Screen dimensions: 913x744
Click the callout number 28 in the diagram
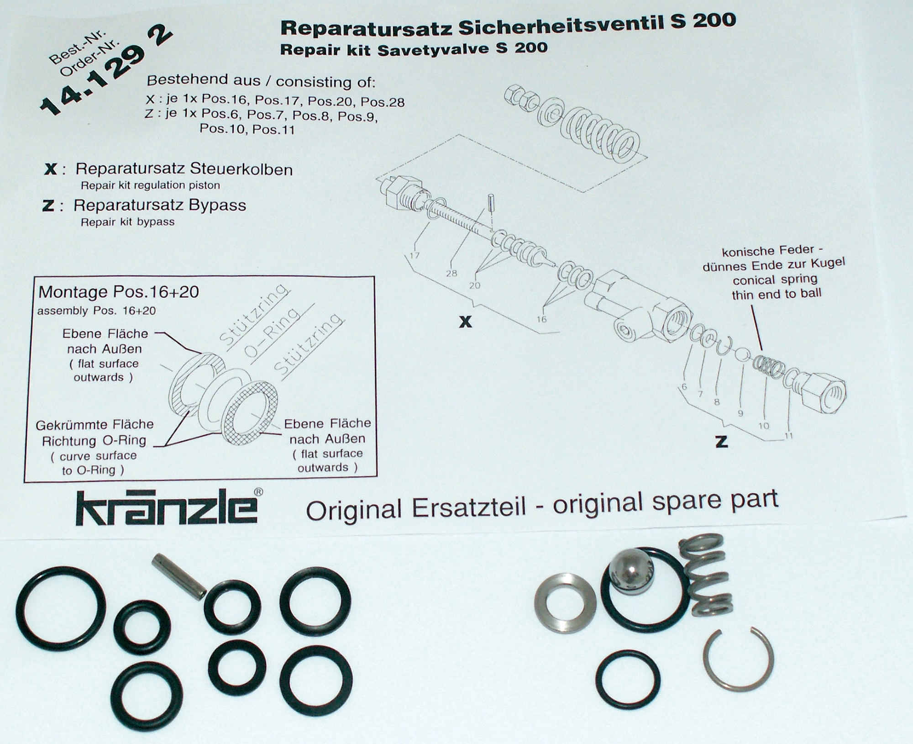point(451,274)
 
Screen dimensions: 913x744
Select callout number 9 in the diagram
point(740,413)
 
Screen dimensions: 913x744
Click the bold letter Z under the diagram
point(721,441)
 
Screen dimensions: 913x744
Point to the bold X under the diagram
point(465,322)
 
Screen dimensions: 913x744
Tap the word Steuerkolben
point(241,169)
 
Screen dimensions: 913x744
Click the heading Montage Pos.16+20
point(119,292)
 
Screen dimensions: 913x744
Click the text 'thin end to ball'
point(777,294)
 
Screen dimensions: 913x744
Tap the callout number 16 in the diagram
point(541,319)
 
